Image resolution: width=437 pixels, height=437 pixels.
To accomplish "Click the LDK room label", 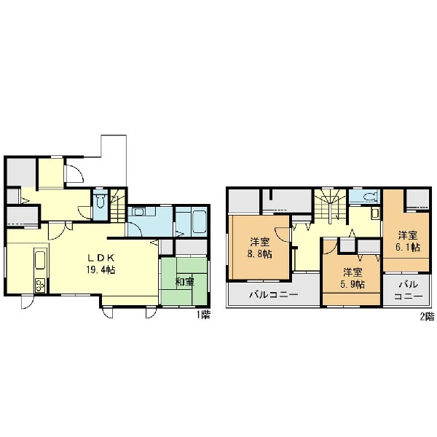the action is pos(101,259).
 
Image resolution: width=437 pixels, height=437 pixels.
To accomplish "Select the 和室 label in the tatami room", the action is pos(184,282).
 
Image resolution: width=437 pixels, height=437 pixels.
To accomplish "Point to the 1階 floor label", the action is pos(203,315).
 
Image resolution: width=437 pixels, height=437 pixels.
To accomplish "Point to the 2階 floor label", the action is pos(427,317).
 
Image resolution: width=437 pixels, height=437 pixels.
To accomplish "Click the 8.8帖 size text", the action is pos(260,254).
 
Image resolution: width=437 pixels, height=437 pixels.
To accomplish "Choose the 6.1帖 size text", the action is pos(407,248).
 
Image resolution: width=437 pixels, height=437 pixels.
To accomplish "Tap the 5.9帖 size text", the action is pos(353,284).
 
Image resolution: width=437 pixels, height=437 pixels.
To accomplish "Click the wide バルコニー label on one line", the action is pos(274,294).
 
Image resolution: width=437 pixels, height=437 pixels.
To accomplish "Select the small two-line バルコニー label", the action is pos(408,290).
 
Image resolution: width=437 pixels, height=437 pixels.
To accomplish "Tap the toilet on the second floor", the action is pos(368,197).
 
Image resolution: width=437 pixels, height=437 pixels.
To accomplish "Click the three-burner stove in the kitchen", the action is pos(40,285).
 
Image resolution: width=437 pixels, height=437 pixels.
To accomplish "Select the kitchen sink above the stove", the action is pos(40,260).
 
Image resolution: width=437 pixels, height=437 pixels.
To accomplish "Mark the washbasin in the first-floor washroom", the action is pos(138,212).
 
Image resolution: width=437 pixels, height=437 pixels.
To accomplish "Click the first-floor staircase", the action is pos(118,206).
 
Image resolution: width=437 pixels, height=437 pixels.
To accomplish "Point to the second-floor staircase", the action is pos(331,205).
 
